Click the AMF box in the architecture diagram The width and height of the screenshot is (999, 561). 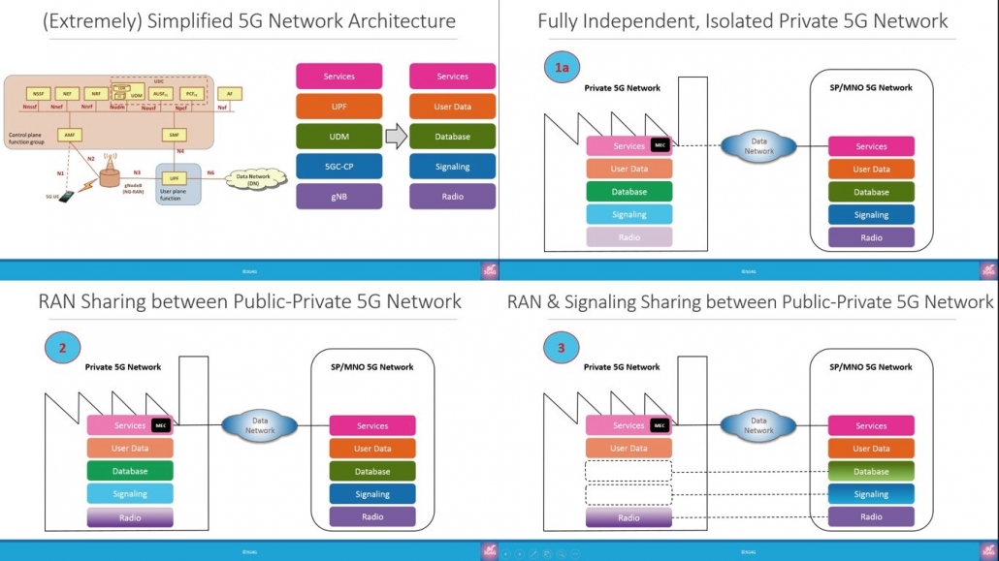point(70,135)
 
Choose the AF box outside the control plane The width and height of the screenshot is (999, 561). point(229,93)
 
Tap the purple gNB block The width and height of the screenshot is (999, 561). point(338,197)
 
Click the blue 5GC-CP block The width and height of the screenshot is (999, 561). point(338,167)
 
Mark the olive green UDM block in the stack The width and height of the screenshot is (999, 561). point(338,137)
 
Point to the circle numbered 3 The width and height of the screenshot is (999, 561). point(560,348)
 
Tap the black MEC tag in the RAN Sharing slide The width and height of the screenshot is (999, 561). point(162,425)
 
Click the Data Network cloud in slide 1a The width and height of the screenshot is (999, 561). point(759,146)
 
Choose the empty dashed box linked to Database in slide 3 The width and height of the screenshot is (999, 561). point(628,472)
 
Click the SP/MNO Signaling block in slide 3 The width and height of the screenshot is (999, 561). point(871,494)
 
